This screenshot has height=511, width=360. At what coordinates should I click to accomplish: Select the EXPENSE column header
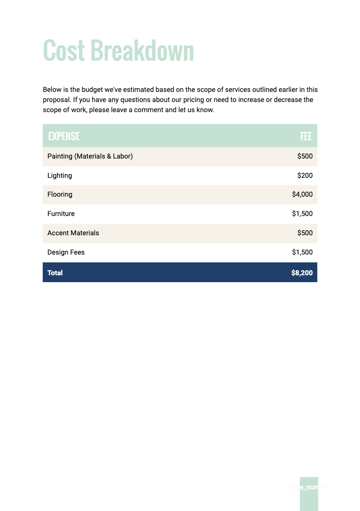click(64, 136)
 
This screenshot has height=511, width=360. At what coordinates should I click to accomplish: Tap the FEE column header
click(306, 136)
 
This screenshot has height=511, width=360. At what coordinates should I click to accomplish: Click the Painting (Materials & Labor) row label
click(90, 156)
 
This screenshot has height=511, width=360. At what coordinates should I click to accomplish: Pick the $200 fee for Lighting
click(305, 176)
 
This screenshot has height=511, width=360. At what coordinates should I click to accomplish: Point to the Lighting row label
click(60, 176)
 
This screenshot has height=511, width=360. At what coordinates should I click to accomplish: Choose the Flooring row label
click(60, 194)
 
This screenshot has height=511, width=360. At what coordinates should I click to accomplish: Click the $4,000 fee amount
click(302, 194)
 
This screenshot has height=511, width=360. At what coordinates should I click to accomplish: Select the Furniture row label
click(61, 214)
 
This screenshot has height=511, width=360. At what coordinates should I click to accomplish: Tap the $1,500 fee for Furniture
click(302, 214)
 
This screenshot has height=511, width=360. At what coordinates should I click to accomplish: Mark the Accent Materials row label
click(73, 233)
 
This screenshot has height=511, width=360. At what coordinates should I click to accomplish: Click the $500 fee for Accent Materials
click(305, 233)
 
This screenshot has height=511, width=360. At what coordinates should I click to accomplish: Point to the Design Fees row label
click(66, 252)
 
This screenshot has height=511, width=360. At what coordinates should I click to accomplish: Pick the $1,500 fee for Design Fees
click(302, 252)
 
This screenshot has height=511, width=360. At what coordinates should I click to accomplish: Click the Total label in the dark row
click(55, 273)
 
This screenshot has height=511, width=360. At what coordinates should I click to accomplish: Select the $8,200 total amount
click(302, 273)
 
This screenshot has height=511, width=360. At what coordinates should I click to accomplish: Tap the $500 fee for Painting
click(305, 156)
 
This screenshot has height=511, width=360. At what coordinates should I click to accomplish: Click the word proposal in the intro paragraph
click(56, 100)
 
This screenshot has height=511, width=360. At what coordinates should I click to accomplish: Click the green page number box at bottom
click(309, 494)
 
